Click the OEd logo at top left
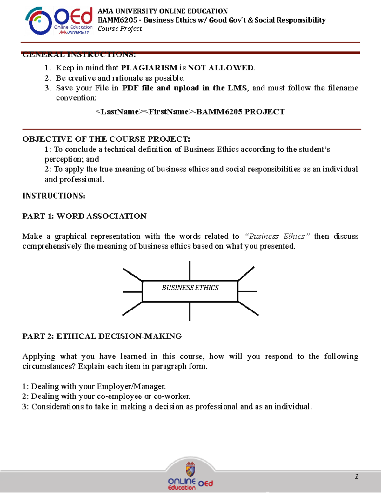click(59, 21)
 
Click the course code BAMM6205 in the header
click(117, 20)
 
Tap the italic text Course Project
click(120, 29)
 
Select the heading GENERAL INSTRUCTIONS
click(79, 55)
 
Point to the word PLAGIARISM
click(149, 68)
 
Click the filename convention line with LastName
click(190, 112)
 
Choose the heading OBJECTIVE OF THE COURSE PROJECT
click(106, 139)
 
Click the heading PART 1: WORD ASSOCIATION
click(84, 216)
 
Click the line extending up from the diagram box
click(190, 270)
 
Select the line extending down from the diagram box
click(190, 311)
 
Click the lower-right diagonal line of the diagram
click(248, 308)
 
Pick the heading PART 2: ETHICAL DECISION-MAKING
click(102, 336)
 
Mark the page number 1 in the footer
click(357, 476)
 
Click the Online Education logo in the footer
click(190, 479)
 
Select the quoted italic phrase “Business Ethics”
click(277, 237)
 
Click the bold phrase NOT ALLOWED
click(221, 68)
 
